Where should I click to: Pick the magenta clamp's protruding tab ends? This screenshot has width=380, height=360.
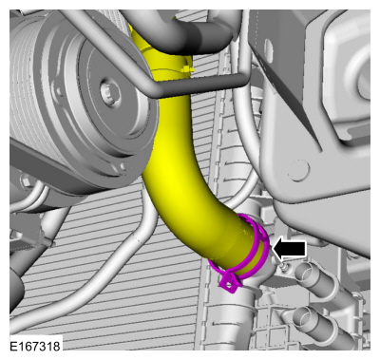pos(228,280)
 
